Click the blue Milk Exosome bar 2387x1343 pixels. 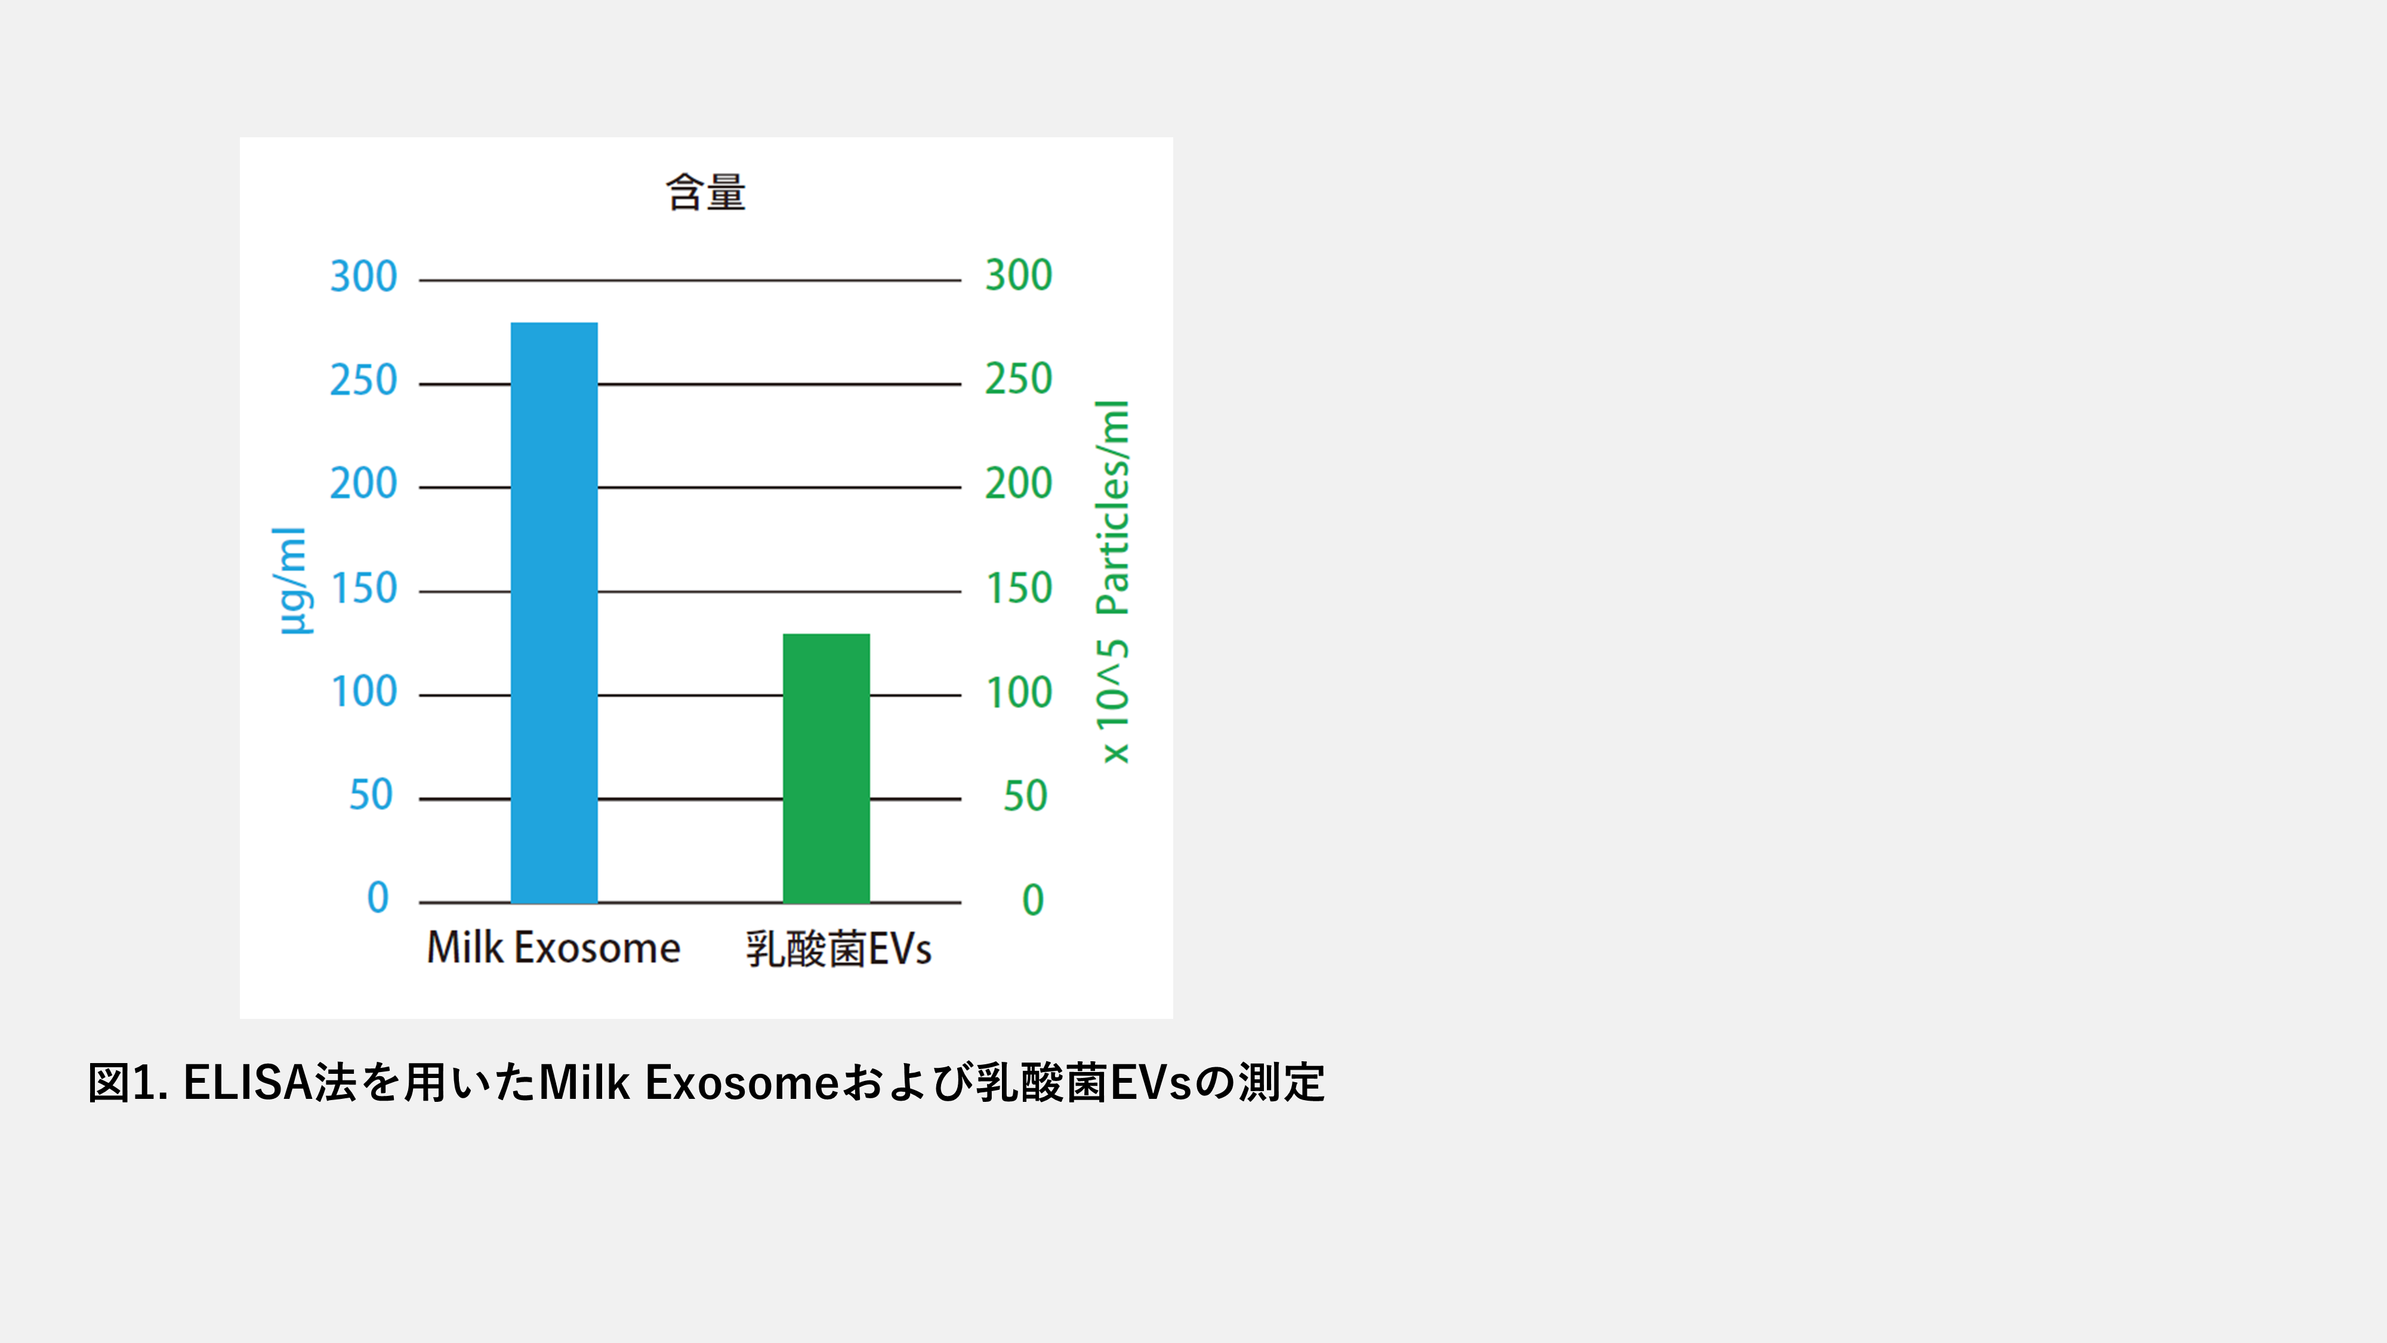(x=554, y=612)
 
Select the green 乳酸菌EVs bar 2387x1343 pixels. (x=826, y=768)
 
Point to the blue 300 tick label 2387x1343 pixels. (x=363, y=276)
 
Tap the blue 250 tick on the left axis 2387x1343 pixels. (x=363, y=380)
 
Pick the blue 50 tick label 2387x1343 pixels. (x=371, y=795)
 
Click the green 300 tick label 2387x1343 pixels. (x=1019, y=275)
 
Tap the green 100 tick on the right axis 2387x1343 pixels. (x=1019, y=692)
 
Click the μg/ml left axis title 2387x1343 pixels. (x=292, y=581)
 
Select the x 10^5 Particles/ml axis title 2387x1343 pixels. (x=1113, y=582)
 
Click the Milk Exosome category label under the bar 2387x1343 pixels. (x=553, y=947)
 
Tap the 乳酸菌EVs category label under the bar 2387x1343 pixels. (x=838, y=949)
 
